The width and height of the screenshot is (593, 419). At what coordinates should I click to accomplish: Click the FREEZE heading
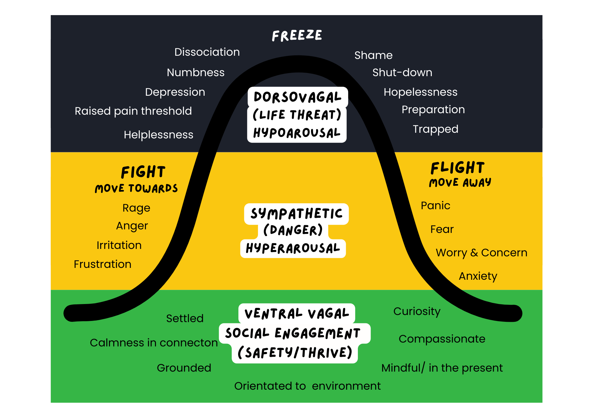point(297,36)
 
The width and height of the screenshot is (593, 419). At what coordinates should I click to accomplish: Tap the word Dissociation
point(207,52)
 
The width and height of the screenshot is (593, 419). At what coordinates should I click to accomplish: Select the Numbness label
point(196,73)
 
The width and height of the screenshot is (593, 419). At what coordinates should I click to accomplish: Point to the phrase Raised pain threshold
point(133,111)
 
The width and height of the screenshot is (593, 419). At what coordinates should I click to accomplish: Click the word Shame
point(373,55)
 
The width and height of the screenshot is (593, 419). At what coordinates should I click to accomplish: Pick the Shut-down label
point(402,73)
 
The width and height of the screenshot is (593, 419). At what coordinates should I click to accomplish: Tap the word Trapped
point(435,129)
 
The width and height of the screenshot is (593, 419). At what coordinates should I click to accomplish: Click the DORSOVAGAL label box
point(297,97)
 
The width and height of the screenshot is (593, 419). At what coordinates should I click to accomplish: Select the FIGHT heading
point(143,172)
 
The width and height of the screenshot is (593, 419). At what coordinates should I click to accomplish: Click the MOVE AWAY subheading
point(460,183)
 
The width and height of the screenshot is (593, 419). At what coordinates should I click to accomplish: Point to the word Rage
point(136,208)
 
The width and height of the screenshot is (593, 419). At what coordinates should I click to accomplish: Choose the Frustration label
point(102,264)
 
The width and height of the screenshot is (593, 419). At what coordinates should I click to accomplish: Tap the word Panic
point(435,206)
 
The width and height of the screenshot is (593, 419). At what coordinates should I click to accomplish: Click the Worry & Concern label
point(481,253)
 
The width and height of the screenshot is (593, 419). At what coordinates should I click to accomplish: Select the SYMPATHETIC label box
point(296,214)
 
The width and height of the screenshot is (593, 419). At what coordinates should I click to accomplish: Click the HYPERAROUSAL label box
point(293,248)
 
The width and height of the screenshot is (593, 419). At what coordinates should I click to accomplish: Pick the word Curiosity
point(417,311)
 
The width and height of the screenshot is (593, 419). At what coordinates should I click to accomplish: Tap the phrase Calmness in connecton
point(154,343)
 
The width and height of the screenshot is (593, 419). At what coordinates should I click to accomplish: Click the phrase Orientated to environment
point(307,386)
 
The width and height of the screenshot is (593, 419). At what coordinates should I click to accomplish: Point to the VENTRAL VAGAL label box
point(296,314)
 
